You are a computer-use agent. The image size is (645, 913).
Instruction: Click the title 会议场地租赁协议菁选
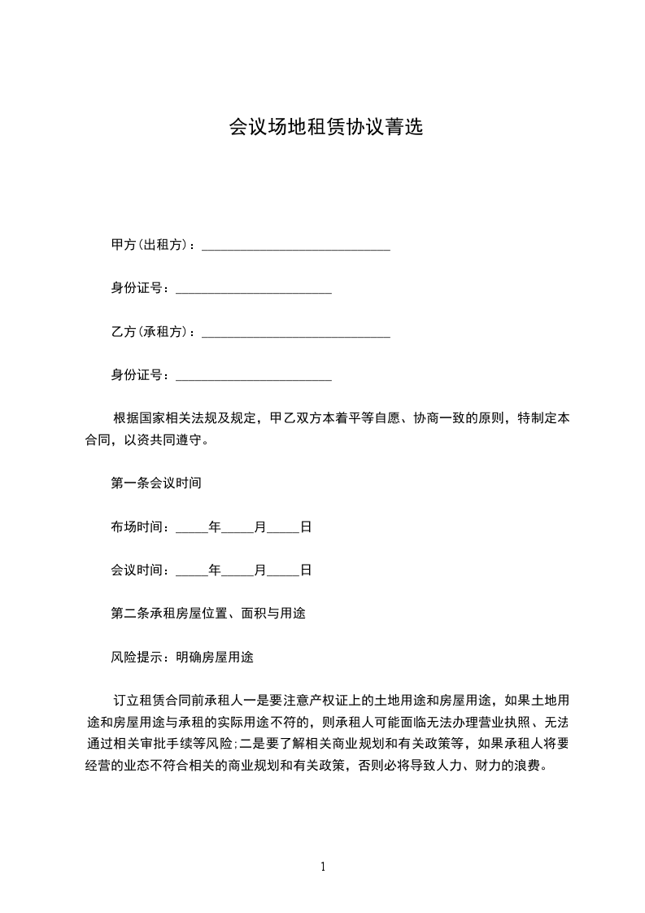click(325, 128)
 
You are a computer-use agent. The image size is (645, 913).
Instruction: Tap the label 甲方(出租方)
click(151, 245)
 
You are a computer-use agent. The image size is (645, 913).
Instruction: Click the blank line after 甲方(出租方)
click(295, 247)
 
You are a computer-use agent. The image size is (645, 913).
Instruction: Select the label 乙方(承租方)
click(151, 332)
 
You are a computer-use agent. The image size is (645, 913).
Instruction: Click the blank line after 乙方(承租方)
click(295, 334)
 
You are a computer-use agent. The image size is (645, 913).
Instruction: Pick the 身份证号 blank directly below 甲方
click(253, 290)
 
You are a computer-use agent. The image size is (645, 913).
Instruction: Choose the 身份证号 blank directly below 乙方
click(253, 377)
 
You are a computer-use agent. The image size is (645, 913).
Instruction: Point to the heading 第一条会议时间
click(156, 483)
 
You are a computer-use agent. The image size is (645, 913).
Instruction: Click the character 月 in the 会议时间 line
click(260, 570)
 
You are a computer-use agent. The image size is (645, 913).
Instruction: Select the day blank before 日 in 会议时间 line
click(283, 572)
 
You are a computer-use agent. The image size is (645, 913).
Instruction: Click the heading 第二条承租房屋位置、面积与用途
click(208, 613)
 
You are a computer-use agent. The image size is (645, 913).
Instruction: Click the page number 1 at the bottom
click(323, 867)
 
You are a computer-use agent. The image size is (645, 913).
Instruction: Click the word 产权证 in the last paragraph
click(320, 701)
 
